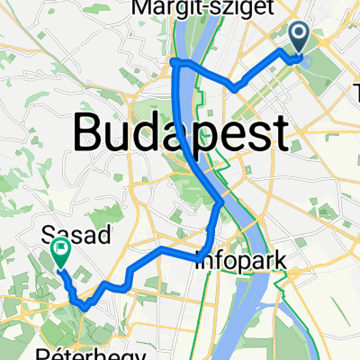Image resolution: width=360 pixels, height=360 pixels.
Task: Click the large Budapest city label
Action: (180, 135)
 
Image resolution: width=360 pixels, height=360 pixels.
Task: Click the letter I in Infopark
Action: (199, 262)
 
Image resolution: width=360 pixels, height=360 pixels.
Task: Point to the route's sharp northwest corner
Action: (173, 60)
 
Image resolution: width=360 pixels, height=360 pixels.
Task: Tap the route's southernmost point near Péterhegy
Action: (83, 307)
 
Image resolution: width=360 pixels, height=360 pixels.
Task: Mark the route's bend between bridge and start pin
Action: (236, 87)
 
